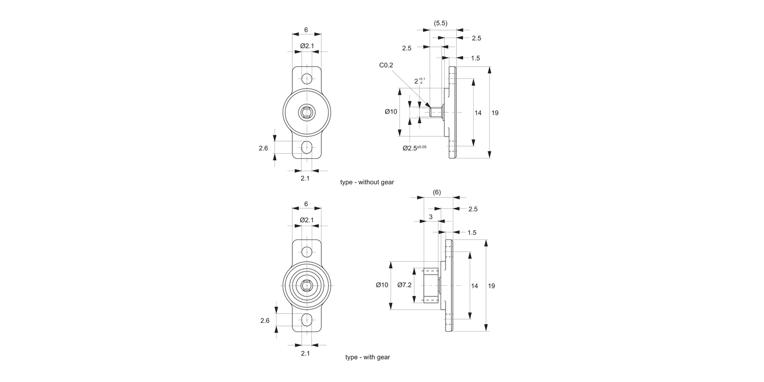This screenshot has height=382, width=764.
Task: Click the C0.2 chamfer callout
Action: point(386,65)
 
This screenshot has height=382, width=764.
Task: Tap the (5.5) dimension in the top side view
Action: point(440,23)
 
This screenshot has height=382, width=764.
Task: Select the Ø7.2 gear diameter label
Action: point(404,285)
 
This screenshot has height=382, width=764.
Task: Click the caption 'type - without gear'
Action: point(367,182)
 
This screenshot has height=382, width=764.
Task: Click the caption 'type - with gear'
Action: point(367,357)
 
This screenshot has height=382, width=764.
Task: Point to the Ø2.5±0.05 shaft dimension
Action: point(414,148)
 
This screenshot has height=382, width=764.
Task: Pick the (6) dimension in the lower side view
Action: point(436,192)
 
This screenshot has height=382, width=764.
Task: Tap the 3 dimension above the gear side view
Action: point(431,217)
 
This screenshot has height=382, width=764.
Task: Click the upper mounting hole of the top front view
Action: point(307,79)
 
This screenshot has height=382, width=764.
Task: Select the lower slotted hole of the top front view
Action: point(307,148)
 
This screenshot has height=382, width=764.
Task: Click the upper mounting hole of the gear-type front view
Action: point(307,252)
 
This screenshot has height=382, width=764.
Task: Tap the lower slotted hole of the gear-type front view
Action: point(307,320)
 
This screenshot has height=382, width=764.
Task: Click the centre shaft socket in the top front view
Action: point(307,113)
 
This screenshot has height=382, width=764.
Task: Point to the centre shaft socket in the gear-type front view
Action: point(307,286)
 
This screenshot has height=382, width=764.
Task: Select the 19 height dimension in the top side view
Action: point(495,113)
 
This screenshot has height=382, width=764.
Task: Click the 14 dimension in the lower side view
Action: point(474,286)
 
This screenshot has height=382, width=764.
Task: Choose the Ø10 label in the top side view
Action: point(390,112)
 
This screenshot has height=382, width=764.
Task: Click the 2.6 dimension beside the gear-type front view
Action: point(264,320)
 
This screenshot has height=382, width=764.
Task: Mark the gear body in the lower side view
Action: point(431,285)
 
